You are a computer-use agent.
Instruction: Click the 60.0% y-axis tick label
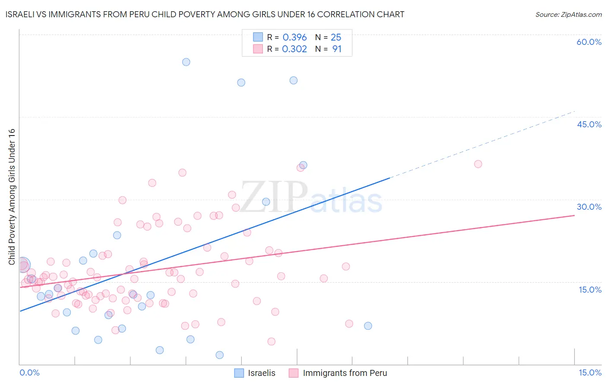589,42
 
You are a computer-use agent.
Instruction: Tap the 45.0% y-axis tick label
589,124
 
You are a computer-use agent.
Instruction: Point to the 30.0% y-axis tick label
589,207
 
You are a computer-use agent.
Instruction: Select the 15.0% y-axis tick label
590,290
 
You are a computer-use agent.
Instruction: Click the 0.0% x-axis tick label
29,372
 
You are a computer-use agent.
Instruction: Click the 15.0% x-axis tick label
590,372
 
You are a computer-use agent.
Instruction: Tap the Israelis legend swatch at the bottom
239,373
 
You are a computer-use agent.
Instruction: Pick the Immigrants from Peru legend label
345,373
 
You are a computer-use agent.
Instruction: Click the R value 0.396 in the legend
294,38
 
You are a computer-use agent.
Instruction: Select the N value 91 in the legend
337,49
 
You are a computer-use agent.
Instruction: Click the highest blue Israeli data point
186,62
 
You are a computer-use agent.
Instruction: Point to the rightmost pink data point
478,164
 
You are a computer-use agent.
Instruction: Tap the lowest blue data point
220,355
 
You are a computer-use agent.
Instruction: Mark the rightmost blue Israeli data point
368,326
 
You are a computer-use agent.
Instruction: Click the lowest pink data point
272,341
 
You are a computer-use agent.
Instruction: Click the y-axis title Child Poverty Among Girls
12,196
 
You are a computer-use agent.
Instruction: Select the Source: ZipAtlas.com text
568,15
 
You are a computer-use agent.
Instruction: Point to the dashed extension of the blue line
484,144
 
